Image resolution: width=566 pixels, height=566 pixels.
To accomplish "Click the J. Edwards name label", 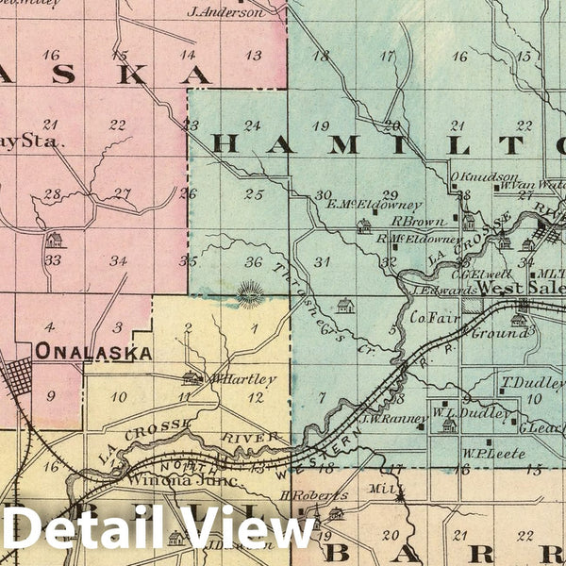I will (x=441, y=291).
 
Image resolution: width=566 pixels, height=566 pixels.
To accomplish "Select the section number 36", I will (x=252, y=261).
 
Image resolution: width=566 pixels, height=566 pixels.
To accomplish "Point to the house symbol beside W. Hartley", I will (x=191, y=378).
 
